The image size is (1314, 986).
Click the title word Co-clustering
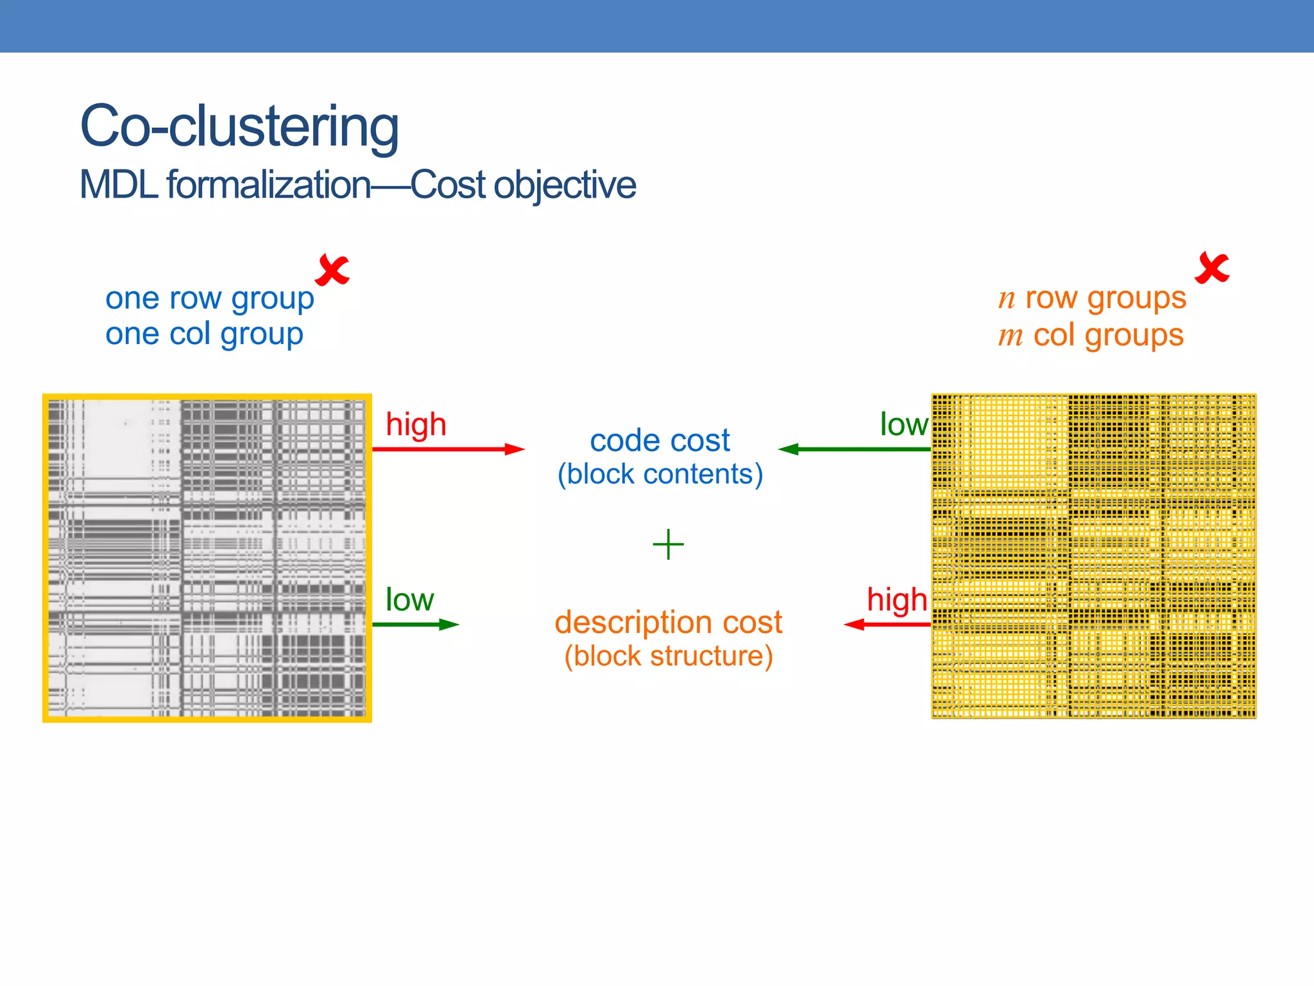coord(239,126)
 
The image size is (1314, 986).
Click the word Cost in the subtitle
coord(448,185)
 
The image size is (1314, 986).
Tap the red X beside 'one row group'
coord(332,270)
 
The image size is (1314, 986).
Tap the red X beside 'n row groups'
coord(1212,268)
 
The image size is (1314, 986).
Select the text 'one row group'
coord(210,298)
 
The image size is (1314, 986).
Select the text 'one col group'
coord(204,334)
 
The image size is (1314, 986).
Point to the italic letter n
coord(1007,299)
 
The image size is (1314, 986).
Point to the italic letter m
coord(1011,336)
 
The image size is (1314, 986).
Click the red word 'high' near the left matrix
coord(416,425)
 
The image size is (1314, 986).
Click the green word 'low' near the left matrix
coord(409,600)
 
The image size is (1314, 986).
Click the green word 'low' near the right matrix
coord(903,425)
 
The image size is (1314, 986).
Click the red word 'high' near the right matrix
coord(896,600)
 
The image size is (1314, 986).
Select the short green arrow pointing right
coord(415,625)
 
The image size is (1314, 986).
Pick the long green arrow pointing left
coord(854,449)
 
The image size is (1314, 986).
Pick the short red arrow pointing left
coord(887,625)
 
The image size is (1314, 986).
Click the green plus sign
coord(668,544)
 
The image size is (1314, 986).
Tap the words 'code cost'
coord(660,441)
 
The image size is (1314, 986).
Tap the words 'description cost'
coord(668,623)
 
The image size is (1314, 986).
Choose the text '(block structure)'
coord(668,657)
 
